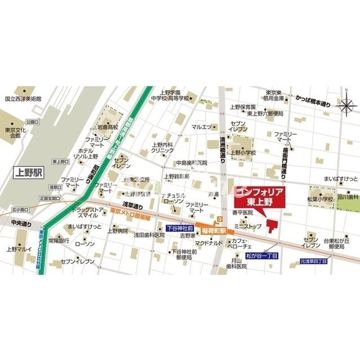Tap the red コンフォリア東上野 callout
click(258, 196)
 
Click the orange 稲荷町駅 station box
click(215, 230)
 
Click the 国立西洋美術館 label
click(24, 98)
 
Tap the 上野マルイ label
click(20, 248)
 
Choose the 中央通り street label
click(21, 223)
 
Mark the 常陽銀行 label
click(59, 241)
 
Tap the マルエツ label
click(201, 127)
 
